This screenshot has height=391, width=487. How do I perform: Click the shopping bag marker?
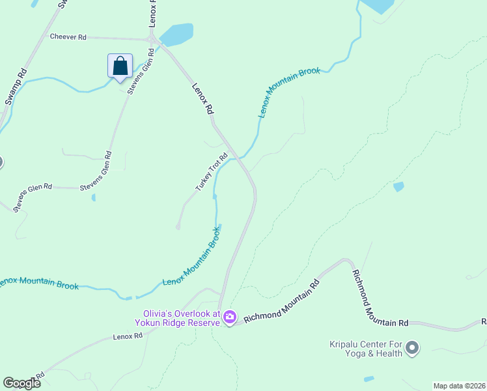(120, 66)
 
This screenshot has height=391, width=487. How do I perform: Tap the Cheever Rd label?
(68, 37)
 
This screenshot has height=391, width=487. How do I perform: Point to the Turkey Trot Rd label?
(212, 173)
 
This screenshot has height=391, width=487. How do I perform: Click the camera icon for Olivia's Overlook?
(229, 317)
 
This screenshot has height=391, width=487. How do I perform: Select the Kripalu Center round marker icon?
(411, 349)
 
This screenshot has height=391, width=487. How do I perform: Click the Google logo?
(21, 383)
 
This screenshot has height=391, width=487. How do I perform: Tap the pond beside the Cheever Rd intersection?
(177, 34)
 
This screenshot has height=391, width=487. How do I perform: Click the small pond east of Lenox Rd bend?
(398, 187)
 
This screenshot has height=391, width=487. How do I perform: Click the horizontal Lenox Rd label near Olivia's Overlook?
(127, 336)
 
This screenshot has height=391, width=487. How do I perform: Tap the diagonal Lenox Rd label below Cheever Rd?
(203, 98)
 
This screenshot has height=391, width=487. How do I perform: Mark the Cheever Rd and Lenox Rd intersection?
(154, 40)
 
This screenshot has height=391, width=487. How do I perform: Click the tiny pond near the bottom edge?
(369, 379)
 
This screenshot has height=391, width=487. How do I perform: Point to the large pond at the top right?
(378, 6)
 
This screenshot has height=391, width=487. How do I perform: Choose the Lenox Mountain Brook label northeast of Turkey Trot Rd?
(290, 91)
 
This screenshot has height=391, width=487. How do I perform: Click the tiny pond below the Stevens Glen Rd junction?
(94, 197)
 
